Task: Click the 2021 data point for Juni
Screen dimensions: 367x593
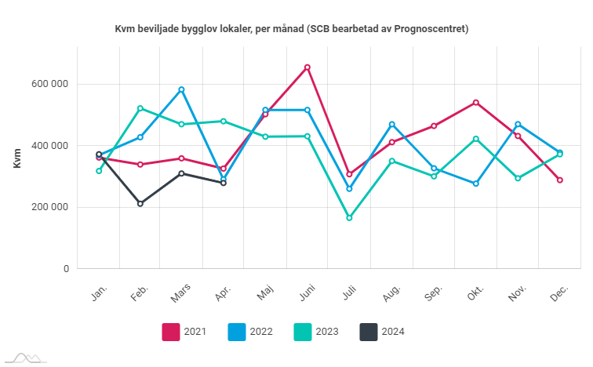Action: pos(307,67)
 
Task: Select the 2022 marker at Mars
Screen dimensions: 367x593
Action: pos(182,89)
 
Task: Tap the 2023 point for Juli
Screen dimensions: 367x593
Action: pos(349,218)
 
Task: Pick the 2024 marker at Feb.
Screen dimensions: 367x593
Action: pos(140,204)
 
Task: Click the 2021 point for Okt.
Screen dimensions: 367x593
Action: pos(476,103)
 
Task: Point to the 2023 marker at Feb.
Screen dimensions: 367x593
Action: pos(140,108)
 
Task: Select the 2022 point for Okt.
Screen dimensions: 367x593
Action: pos(476,183)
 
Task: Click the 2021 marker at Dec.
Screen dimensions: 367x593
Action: pos(560,180)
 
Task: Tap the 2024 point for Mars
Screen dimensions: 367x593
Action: pos(182,173)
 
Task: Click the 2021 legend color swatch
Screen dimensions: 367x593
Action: pos(171,332)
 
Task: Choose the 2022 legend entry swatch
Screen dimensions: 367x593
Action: pos(237,332)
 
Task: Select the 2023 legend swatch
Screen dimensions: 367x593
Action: pos(303,332)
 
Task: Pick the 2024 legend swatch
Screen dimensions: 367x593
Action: pos(369,332)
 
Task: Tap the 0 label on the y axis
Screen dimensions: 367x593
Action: pos(67,269)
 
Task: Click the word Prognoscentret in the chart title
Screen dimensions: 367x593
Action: pos(430,29)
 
